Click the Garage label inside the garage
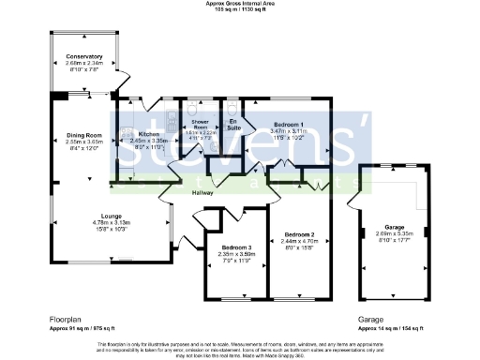pyautogui.click(x=393, y=228)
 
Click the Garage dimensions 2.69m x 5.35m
pyautogui.click(x=393, y=234)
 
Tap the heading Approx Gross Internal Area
pyautogui.click(x=240, y=4)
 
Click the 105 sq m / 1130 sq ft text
pyautogui.click(x=240, y=9)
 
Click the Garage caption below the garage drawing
pyautogui.click(x=370, y=319)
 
